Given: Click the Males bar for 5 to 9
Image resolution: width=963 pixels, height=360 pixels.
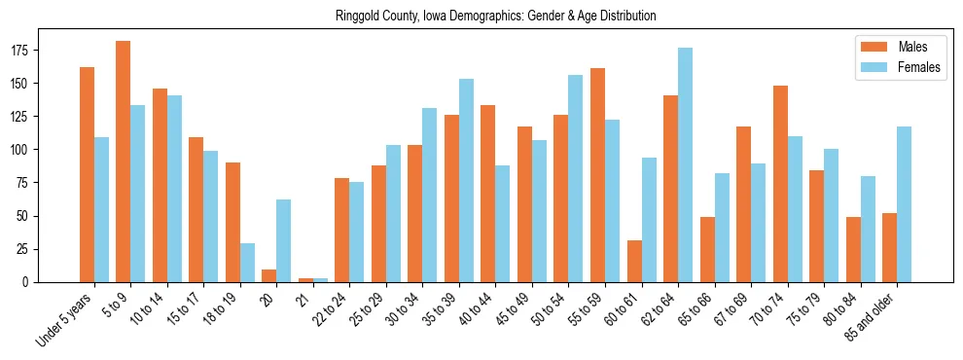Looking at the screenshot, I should point(124,162).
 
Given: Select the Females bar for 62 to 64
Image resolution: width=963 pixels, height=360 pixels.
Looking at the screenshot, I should point(685,165).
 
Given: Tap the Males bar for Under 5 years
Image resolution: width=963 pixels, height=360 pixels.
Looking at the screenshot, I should point(87,175).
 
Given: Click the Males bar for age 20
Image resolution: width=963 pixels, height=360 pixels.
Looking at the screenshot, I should point(269,276).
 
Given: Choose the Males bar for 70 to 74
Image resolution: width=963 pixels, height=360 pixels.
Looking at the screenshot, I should point(780,184).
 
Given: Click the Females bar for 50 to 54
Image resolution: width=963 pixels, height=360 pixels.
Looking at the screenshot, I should point(576,179).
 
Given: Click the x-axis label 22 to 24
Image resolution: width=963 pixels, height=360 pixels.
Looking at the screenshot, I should point(329,310).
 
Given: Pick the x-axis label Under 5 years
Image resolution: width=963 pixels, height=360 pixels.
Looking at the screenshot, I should point(65,318).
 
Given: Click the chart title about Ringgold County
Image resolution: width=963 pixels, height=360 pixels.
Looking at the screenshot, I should point(495,17).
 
